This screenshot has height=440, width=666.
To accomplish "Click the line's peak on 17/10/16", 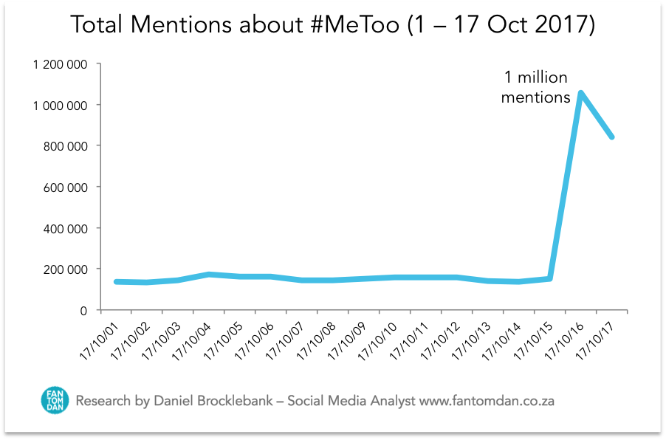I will [581, 93].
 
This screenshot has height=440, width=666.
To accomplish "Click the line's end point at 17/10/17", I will [611, 137].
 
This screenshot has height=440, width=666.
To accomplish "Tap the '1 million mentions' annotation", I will [535, 87].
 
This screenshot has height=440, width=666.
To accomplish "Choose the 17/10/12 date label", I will [440, 338].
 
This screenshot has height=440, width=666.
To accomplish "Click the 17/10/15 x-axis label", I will [532, 338].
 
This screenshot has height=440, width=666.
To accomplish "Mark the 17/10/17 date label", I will [593, 338].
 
